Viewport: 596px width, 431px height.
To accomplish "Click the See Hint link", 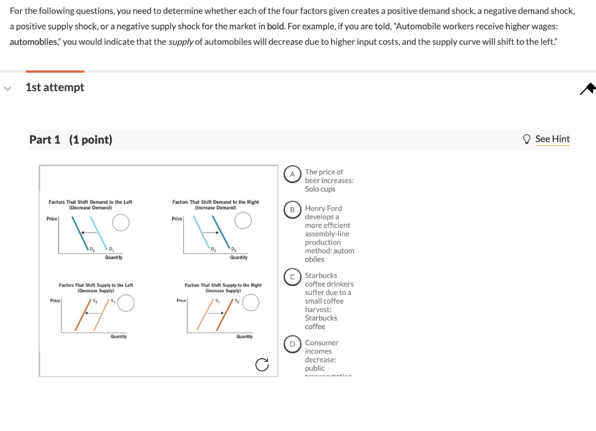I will point(552,138).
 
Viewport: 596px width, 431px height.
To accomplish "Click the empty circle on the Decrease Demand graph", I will point(120,222).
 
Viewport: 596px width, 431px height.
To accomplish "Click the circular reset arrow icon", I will point(262,365).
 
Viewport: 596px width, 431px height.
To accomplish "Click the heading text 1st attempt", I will point(55,87).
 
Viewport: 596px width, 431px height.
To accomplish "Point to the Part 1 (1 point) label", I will point(71,140).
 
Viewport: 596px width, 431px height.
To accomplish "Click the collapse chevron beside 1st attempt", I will point(8,88).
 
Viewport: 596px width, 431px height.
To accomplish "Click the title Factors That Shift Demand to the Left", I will point(90,202).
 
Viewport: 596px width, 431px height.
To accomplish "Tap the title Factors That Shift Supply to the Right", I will point(223,285).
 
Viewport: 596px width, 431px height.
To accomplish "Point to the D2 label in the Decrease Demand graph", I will point(91,250).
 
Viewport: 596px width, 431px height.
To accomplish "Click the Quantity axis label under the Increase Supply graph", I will point(244,337).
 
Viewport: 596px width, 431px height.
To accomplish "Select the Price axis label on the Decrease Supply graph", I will point(55,300).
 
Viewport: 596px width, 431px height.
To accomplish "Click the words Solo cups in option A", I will point(320,189).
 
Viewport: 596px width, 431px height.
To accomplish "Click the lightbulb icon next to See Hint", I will point(527,138).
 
